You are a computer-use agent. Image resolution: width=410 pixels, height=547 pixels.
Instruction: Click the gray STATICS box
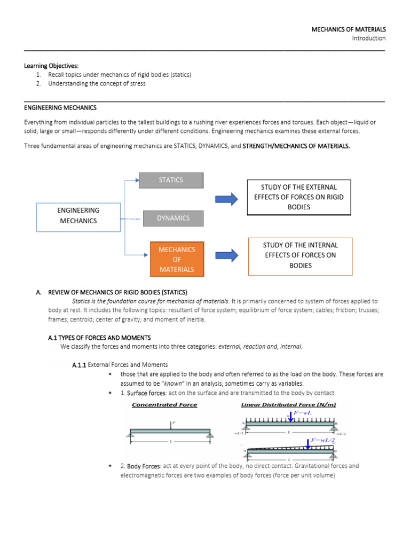coord(171,180)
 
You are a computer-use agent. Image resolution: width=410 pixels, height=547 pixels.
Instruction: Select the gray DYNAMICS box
coord(173,218)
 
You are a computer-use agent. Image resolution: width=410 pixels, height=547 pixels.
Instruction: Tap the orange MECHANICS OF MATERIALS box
coord(176,259)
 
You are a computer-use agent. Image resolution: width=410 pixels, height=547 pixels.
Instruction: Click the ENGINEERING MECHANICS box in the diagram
coord(78,216)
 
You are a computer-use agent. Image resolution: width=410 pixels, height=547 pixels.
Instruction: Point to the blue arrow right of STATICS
coord(226,199)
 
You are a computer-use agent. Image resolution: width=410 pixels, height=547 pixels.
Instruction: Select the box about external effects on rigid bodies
coord(298,197)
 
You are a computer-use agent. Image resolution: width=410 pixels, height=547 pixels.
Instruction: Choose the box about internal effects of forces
coord(300,255)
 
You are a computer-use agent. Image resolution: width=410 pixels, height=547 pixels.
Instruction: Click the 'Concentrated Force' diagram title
coord(164,405)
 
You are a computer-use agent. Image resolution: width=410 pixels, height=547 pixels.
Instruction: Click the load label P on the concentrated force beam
coord(174,423)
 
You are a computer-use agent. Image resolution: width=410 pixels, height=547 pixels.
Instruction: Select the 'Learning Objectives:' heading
coord(51,66)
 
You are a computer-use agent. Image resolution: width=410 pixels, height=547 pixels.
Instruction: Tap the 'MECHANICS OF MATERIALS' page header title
coord(349,29)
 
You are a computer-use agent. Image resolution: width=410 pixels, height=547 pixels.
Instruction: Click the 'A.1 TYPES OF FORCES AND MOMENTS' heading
coord(99,338)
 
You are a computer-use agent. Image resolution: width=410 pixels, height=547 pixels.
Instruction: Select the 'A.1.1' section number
coord(78,365)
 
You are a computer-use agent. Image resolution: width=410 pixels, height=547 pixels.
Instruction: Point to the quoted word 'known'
coord(170,384)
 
